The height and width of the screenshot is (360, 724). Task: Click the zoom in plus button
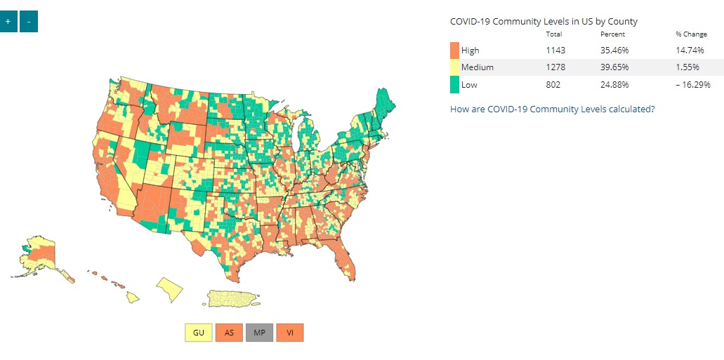pyautogui.click(x=8, y=22)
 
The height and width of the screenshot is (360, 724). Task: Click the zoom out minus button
pyautogui.click(x=29, y=22)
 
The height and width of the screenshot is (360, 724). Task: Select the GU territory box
pyautogui.click(x=199, y=332)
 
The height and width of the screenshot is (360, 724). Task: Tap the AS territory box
pyautogui.click(x=229, y=332)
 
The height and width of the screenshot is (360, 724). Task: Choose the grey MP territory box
pyautogui.click(x=259, y=332)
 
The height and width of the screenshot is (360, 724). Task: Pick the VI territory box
pyautogui.click(x=289, y=332)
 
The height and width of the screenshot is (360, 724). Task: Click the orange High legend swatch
pyautogui.click(x=454, y=51)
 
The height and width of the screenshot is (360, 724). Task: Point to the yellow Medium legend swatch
pyautogui.click(x=454, y=67)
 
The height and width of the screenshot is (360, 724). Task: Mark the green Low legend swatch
pyautogui.click(x=454, y=84)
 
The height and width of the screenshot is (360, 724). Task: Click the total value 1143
pyautogui.click(x=555, y=51)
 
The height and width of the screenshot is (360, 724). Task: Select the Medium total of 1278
pyautogui.click(x=555, y=67)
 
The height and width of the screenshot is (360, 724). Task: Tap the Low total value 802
pyautogui.click(x=553, y=84)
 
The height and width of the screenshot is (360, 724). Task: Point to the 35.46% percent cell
pyautogui.click(x=614, y=51)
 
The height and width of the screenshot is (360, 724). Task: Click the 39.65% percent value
pyautogui.click(x=614, y=67)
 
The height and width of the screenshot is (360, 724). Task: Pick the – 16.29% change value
pyautogui.click(x=691, y=84)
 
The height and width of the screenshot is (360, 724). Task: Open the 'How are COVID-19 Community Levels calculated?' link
pyautogui.click(x=553, y=109)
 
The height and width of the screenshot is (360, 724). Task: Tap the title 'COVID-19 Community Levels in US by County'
pyautogui.click(x=544, y=21)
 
